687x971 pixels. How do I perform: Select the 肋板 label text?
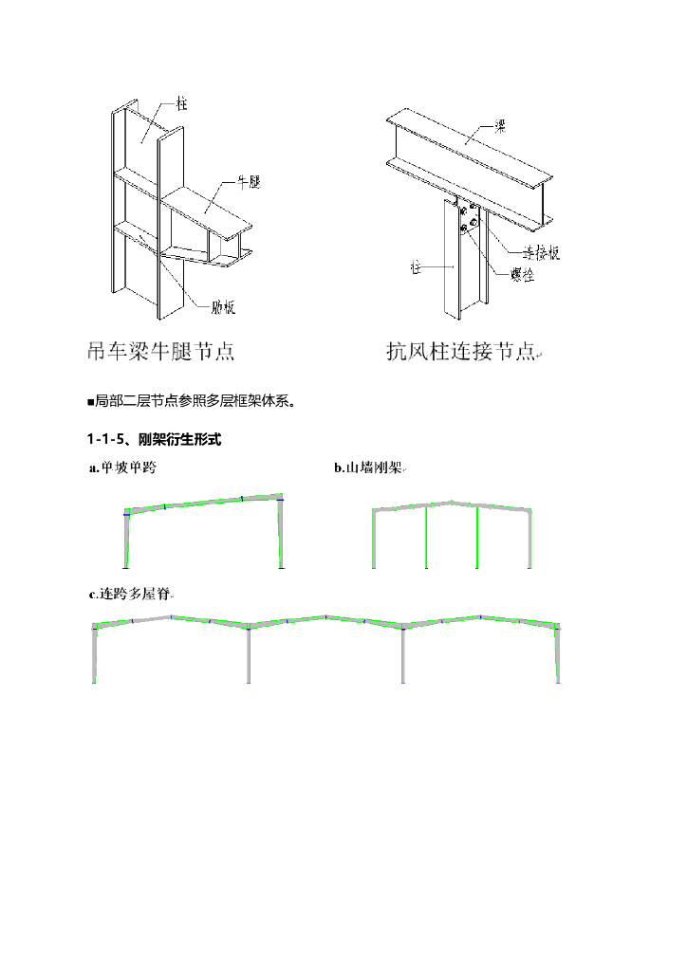click(x=223, y=306)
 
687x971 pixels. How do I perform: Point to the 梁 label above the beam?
click(x=499, y=124)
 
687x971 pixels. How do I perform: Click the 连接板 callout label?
click(x=541, y=253)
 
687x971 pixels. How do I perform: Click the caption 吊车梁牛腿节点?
click(x=160, y=353)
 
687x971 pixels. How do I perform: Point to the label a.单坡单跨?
click(x=121, y=467)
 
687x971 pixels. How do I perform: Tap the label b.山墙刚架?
click(x=368, y=467)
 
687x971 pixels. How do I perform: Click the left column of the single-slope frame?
click(x=126, y=540)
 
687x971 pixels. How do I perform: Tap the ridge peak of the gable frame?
click(x=452, y=502)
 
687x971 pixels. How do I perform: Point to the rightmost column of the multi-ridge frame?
click(x=558, y=654)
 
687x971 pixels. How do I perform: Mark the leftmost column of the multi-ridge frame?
click(x=95, y=654)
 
